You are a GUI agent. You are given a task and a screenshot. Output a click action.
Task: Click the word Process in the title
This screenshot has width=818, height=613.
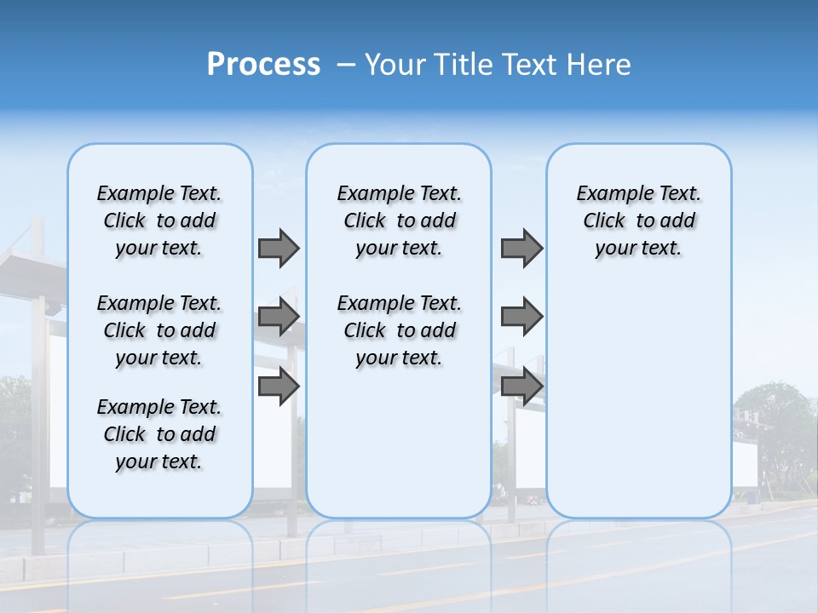tap(263, 65)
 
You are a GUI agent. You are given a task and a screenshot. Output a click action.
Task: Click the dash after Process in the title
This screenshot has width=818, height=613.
tap(346, 66)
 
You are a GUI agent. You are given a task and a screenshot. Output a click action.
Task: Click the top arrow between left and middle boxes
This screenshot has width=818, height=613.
tap(279, 248)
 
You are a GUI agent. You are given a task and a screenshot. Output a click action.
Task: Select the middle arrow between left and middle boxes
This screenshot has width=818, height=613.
tap(279, 318)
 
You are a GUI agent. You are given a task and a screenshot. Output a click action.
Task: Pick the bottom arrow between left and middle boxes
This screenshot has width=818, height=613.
tap(279, 387)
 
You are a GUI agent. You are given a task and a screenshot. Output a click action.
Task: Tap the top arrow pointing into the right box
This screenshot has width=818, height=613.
tap(521, 248)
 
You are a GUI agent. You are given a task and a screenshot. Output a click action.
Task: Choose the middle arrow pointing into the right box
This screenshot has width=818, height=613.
tap(521, 318)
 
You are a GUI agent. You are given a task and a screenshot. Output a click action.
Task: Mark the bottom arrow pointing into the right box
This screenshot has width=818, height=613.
tap(521, 387)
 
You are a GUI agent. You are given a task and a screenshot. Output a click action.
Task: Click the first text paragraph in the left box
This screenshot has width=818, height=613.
tap(159, 221)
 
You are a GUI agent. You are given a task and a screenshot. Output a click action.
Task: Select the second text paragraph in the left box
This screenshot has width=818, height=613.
tap(159, 330)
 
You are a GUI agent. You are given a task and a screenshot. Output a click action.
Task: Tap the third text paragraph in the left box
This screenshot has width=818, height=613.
tap(159, 434)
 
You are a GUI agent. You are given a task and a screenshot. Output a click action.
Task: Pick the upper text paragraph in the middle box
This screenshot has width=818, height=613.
tap(399, 221)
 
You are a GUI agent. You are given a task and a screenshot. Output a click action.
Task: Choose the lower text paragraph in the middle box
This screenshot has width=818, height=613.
tap(399, 330)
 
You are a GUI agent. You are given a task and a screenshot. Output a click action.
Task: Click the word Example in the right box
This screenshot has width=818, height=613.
tap(609, 193)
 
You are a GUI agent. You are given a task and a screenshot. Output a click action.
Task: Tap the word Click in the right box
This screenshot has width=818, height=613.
tap(604, 221)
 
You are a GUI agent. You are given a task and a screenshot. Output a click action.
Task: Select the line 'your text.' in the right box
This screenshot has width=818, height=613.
tap(638, 248)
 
